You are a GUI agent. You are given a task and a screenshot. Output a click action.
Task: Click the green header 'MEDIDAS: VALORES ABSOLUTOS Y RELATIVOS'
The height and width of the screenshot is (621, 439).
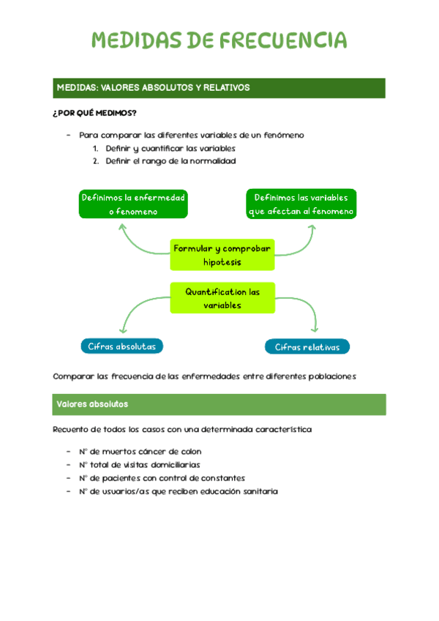[219, 88]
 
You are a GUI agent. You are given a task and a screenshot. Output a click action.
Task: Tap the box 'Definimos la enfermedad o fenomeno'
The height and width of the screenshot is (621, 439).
[133, 204]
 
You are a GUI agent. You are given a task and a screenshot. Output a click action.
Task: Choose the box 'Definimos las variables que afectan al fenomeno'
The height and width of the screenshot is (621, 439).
[301, 204]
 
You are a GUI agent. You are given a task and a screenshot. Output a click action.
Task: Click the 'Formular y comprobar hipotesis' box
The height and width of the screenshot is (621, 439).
[222, 255]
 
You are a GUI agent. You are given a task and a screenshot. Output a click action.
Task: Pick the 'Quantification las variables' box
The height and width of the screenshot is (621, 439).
[222, 298]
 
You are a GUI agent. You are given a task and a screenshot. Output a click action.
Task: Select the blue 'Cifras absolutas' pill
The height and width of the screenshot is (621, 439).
[121, 346]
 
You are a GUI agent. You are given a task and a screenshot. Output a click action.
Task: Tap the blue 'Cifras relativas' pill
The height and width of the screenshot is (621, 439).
[307, 347]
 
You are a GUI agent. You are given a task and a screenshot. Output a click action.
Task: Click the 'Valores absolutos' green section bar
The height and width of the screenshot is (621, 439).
[219, 404]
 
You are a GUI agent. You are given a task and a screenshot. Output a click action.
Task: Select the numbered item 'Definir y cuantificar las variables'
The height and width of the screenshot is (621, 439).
[170, 149]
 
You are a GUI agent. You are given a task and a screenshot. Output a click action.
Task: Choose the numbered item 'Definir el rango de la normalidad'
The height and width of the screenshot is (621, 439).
[170, 161]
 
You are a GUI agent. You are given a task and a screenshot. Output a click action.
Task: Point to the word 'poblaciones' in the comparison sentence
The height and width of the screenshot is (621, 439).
[331, 376]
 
